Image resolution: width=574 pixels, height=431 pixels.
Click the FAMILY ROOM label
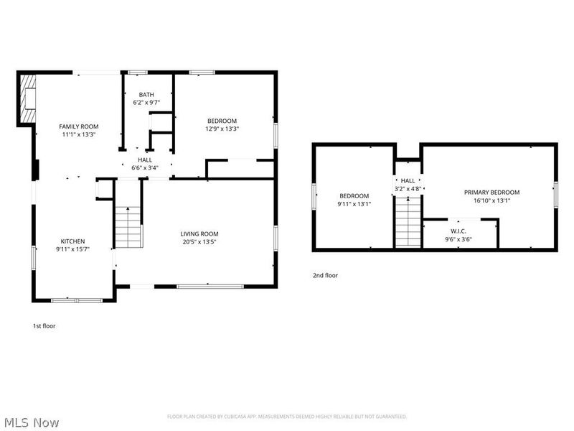coord(78,126)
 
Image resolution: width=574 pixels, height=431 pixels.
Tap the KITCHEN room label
coord(72,241)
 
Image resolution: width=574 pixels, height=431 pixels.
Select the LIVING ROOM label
coord(199,233)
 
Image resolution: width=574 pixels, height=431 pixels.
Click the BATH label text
coord(146,95)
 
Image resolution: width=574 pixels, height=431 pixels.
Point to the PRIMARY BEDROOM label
coord(491,193)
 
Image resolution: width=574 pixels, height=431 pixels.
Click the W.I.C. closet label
coord(459,231)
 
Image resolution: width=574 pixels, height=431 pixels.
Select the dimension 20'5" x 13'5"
coord(199,242)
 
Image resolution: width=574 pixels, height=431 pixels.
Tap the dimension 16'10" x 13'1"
coord(491,201)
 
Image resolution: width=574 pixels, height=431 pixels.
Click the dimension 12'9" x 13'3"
coord(222,129)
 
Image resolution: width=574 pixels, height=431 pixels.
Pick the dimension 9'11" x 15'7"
coord(72,250)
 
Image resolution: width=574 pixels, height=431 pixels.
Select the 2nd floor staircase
coord(408,223)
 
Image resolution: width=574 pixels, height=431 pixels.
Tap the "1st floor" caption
coord(44,326)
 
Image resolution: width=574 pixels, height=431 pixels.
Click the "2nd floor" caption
coord(324,275)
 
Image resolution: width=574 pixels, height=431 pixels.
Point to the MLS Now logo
coord(32,422)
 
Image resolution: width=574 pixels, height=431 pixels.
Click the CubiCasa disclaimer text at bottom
coord(287,417)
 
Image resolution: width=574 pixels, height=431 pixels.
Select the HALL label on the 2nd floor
coord(408,181)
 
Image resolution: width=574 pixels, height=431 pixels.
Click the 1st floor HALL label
coord(144,159)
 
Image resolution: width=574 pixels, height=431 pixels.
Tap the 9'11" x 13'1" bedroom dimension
coord(354,204)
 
